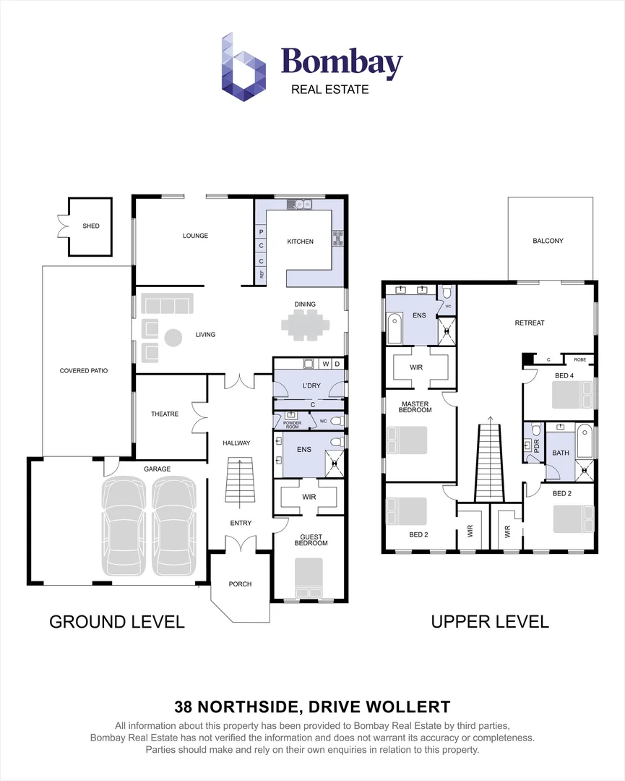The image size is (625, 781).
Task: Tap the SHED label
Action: (x=90, y=226)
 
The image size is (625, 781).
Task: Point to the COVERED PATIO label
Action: (x=84, y=371)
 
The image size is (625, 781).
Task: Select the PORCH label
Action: (x=240, y=584)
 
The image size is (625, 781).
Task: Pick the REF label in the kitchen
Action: (x=261, y=275)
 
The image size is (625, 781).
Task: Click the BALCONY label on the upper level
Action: (x=548, y=241)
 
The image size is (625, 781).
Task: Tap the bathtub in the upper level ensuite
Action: (x=395, y=329)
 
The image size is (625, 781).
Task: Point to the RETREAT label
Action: (x=529, y=323)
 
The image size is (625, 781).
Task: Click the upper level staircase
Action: (x=489, y=463)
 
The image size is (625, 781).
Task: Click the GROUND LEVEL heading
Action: (x=116, y=621)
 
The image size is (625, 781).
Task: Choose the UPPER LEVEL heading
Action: (x=489, y=621)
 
